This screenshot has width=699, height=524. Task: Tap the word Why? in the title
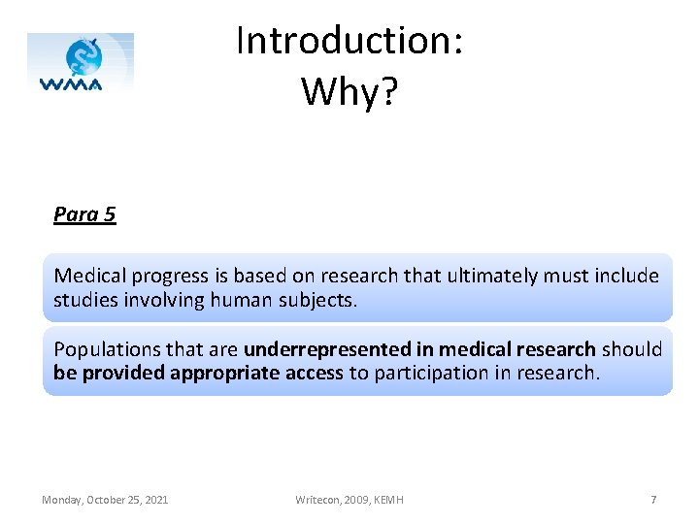click(349, 91)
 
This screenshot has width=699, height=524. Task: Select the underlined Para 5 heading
click(84, 214)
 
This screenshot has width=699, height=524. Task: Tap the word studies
click(85, 300)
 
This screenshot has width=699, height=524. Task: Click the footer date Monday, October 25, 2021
click(105, 500)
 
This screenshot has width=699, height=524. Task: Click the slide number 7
click(653, 500)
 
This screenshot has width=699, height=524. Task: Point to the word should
click(631, 349)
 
